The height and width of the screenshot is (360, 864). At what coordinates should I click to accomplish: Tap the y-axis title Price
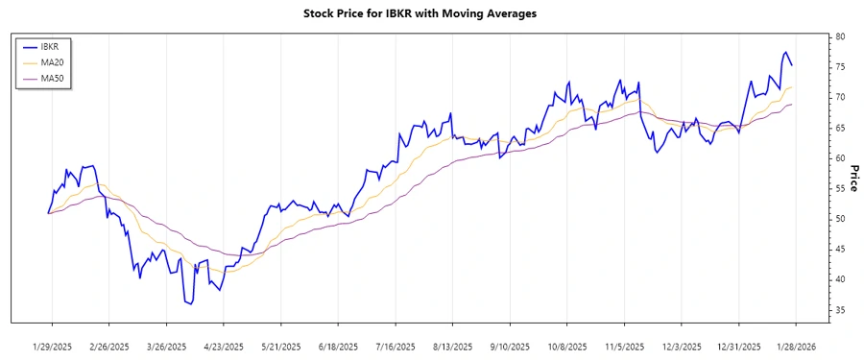[x=853, y=179]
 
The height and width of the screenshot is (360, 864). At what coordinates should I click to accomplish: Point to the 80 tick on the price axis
[x=840, y=36]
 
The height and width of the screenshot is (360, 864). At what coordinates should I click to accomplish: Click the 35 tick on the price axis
[x=840, y=310]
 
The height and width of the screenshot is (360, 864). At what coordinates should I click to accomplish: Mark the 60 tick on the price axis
[x=840, y=158]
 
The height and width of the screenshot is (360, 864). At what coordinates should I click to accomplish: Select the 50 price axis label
[x=840, y=219]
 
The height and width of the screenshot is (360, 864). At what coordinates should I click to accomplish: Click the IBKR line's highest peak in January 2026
[x=785, y=52]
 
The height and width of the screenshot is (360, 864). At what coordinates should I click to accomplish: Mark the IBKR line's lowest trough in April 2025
[x=189, y=304]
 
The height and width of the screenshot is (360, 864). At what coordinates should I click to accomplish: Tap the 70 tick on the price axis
[x=840, y=97]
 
